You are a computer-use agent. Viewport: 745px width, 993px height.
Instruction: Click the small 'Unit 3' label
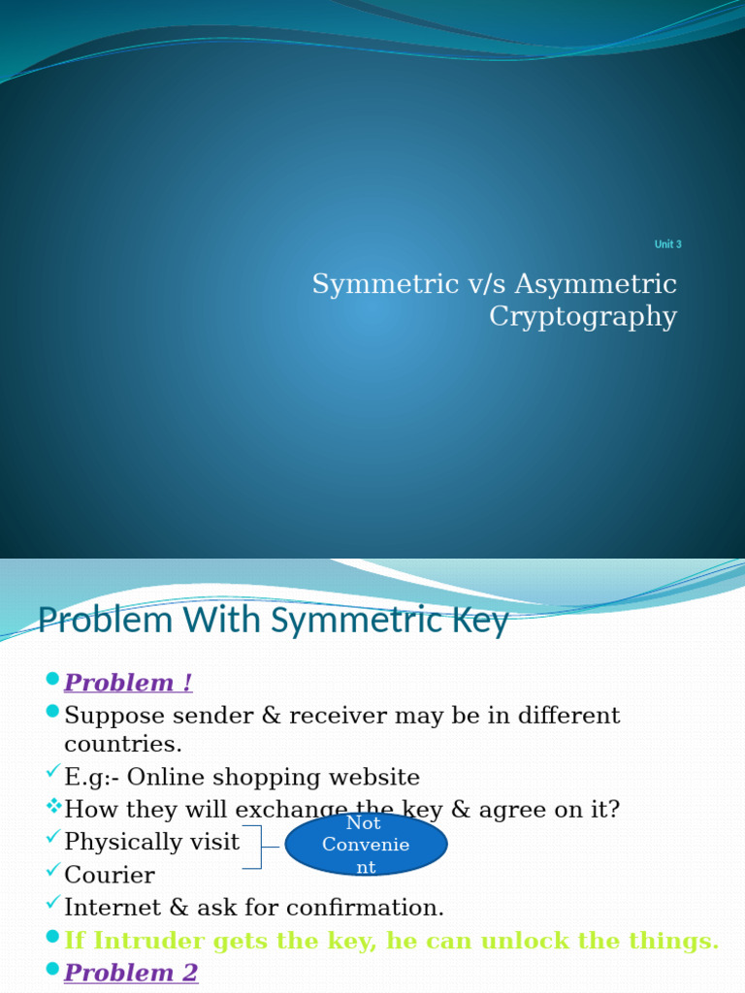(x=667, y=244)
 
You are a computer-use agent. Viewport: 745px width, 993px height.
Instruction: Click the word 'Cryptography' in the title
(x=582, y=317)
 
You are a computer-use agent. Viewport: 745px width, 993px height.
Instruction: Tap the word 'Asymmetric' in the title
(x=596, y=284)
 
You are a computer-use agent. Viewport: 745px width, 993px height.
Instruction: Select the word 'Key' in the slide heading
(x=482, y=621)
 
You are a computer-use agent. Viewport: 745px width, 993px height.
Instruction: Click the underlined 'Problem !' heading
(x=128, y=683)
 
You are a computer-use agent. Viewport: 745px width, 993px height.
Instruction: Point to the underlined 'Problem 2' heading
(x=131, y=973)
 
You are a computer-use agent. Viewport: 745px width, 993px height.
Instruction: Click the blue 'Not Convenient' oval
(x=366, y=845)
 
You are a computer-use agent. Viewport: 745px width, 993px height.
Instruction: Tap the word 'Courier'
(x=109, y=876)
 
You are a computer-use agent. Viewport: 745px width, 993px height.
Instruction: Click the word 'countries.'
(x=123, y=745)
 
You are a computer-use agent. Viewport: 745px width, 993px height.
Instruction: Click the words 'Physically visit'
(x=151, y=842)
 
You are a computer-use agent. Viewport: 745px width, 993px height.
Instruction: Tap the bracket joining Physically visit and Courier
(x=257, y=847)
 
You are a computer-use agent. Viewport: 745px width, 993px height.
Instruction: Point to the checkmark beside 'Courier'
(x=52, y=871)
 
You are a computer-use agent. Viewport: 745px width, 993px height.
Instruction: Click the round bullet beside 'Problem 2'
(x=52, y=969)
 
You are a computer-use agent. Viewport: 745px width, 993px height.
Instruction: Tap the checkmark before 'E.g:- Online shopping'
(x=52, y=773)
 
